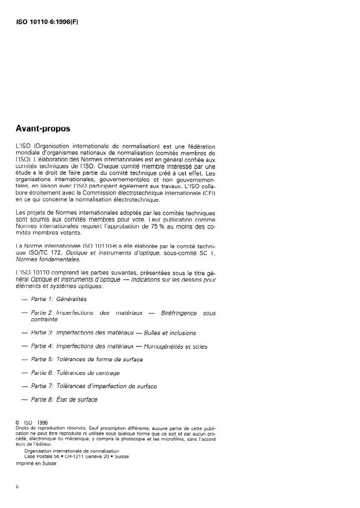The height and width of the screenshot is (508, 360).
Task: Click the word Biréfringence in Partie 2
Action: [x=173, y=312]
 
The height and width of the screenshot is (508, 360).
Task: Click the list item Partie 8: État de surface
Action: [x=64, y=399]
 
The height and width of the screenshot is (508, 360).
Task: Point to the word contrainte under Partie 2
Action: [x=44, y=319]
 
